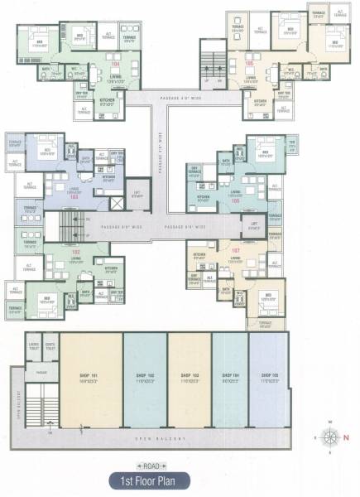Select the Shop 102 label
tap(146, 376)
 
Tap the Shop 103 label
tap(189, 376)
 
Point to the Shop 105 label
tap(269, 376)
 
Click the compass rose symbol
tap(331, 437)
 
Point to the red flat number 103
tap(74, 196)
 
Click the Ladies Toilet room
tap(34, 346)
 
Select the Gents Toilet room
tap(50, 346)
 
